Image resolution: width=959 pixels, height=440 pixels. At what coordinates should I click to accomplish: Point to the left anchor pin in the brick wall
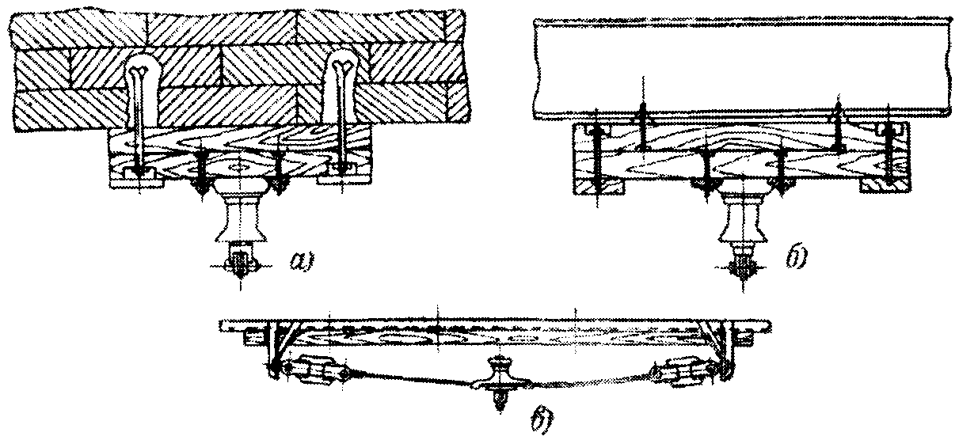coord(139,119)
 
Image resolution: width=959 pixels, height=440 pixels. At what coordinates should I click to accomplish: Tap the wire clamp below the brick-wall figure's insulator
coord(238,262)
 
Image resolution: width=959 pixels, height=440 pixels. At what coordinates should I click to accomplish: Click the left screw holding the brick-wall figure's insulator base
coord(200,174)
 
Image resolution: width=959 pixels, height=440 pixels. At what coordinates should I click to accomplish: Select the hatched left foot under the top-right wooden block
coord(590,185)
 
